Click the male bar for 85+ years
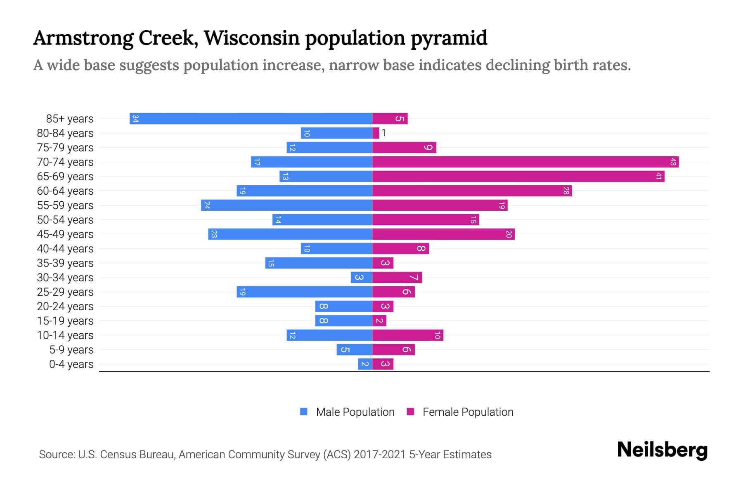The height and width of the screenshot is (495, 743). pos(251,118)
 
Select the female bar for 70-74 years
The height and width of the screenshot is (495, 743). pos(525,162)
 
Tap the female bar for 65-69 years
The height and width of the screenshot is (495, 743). pos(518,176)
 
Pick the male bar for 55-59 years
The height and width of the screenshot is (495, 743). pos(286,205)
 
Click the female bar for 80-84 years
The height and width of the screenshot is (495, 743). pos(376,133)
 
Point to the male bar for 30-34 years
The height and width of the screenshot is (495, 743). pos(362,277)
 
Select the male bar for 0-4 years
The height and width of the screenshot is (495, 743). pos(365,364)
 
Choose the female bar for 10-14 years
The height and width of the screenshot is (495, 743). pos(407,335)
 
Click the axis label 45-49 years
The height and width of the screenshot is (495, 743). pos(65,234)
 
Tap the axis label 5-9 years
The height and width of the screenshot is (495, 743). pos(71,349)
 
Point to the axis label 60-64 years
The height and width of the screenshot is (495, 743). pos(65,191)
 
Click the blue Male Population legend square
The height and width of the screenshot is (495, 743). pos(304,411)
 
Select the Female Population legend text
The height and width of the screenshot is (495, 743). pos(468,412)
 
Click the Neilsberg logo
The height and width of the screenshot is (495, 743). pos(662,450)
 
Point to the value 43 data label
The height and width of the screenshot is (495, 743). pos(673,162)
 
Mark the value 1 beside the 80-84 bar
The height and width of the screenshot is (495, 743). pos(383,132)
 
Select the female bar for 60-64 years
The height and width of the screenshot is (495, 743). pos(472,191)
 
